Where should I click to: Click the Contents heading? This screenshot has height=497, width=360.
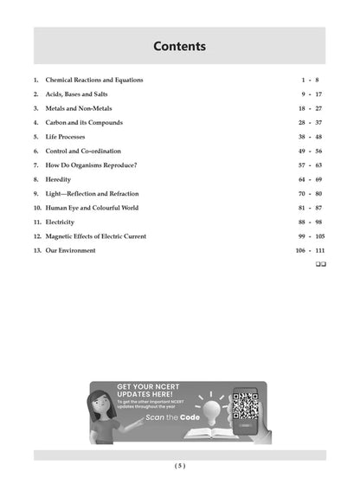179,46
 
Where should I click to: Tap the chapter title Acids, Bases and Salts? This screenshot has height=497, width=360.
75,94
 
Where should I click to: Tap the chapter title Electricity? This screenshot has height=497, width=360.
62,222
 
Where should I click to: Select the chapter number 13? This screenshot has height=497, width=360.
37,250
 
